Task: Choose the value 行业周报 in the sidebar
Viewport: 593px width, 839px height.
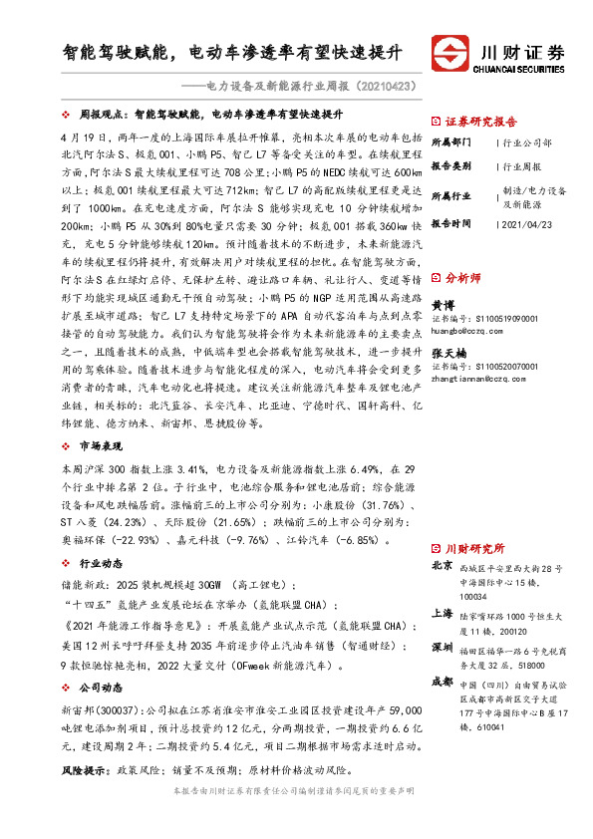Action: click(x=523, y=167)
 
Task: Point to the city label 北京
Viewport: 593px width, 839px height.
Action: click(x=441, y=566)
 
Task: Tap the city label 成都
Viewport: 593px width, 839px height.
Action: click(x=441, y=684)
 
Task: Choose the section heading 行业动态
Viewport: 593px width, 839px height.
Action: click(x=98, y=563)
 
